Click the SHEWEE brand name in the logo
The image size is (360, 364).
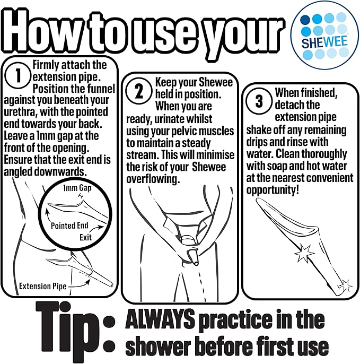(x=324, y=42)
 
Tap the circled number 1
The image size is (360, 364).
(x=17, y=75)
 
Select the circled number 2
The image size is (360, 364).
(x=139, y=91)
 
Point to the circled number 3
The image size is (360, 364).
(x=259, y=101)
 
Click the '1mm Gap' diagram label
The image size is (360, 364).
(x=77, y=188)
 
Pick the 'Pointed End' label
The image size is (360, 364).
(x=69, y=226)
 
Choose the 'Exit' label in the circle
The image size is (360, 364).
(x=85, y=238)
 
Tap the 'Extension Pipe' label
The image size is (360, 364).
(x=42, y=286)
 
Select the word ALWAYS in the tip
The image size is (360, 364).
(x=160, y=319)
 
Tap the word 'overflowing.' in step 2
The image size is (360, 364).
(x=153, y=179)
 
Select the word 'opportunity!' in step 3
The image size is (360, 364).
(x=273, y=190)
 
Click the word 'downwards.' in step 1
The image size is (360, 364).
(x=60, y=171)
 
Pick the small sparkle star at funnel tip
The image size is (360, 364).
(x=346, y=285)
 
